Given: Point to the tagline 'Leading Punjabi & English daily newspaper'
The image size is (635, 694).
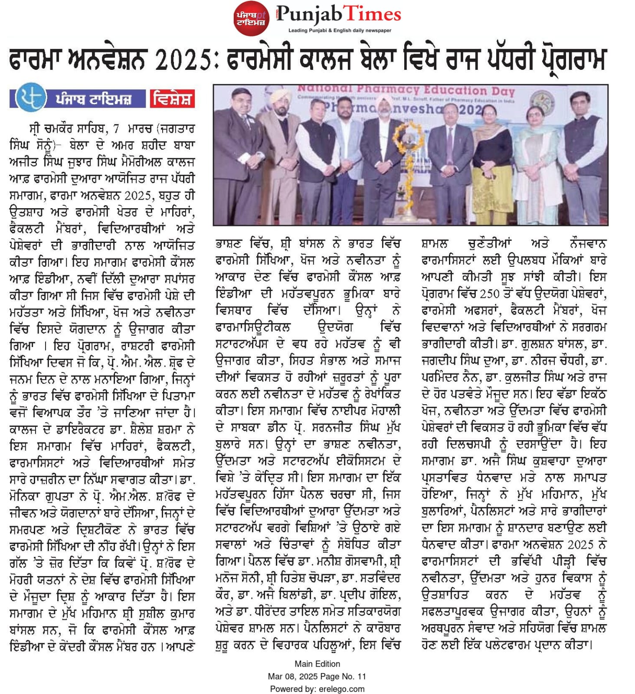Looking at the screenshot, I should [340, 30].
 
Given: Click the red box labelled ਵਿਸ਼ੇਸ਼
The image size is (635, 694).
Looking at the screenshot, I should [172, 99].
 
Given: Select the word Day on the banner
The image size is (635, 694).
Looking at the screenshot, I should [503, 92].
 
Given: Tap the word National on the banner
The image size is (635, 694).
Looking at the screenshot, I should [315, 88].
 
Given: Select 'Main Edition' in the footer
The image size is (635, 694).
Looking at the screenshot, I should [317, 664].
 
